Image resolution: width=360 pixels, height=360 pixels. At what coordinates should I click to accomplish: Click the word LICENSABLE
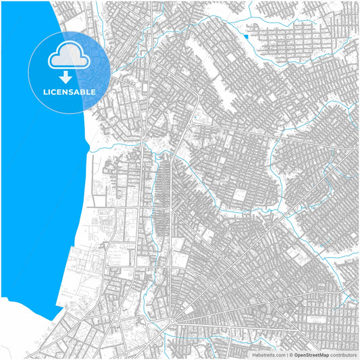click(x=70, y=92)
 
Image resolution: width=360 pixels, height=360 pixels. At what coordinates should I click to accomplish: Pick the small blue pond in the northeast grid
click(x=247, y=36)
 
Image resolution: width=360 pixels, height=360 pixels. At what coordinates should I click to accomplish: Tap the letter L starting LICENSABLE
click(x=45, y=92)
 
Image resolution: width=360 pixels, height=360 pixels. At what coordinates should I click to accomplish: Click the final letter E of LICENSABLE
click(x=93, y=92)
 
